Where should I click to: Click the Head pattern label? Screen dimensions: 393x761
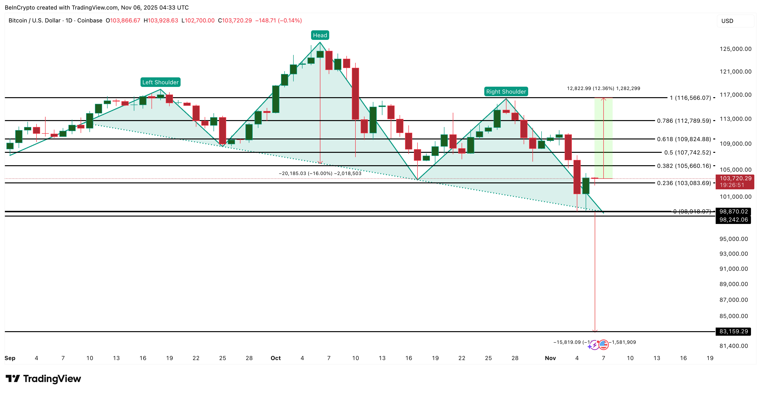tap(320, 35)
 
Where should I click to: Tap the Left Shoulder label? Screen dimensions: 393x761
tap(160, 82)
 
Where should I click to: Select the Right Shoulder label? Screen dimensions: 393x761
tap(506, 92)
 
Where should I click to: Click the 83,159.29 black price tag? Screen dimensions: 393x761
tap(733, 331)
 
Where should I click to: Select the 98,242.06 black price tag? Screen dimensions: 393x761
tap(733, 220)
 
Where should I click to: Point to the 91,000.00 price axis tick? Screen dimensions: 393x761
tap(734, 269)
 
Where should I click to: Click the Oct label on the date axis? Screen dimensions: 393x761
tap(276, 358)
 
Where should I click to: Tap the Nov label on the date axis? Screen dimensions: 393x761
tap(550, 358)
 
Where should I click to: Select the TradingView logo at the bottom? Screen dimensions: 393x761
tap(43, 379)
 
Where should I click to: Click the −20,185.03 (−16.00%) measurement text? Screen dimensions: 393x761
tap(320, 173)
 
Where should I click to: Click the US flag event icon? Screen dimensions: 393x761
tap(603, 345)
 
